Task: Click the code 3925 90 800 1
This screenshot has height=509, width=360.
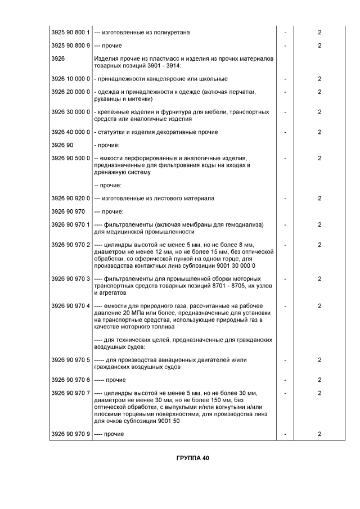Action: tap(70, 33)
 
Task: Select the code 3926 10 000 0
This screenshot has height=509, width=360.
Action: tap(70, 79)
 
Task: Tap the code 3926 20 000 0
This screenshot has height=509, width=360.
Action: tap(70, 92)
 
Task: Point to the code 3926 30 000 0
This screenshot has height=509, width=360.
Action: tap(70, 112)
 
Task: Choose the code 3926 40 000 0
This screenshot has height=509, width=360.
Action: tap(70, 132)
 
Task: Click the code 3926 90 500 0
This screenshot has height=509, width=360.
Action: tap(70, 158)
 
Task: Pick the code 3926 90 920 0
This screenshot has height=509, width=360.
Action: tap(70, 199)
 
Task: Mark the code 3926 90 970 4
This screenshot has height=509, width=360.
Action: tap(70, 305)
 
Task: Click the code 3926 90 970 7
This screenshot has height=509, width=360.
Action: tap(70, 393)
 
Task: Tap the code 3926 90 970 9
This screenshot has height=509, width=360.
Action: tap(70, 434)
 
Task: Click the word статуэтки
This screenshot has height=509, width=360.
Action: tap(111, 132)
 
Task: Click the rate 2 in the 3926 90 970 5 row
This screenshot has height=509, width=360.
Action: tap(319, 359)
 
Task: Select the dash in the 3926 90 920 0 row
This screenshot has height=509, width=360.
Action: tap(285, 199)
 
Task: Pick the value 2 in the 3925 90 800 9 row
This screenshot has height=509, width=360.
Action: tap(319, 46)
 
